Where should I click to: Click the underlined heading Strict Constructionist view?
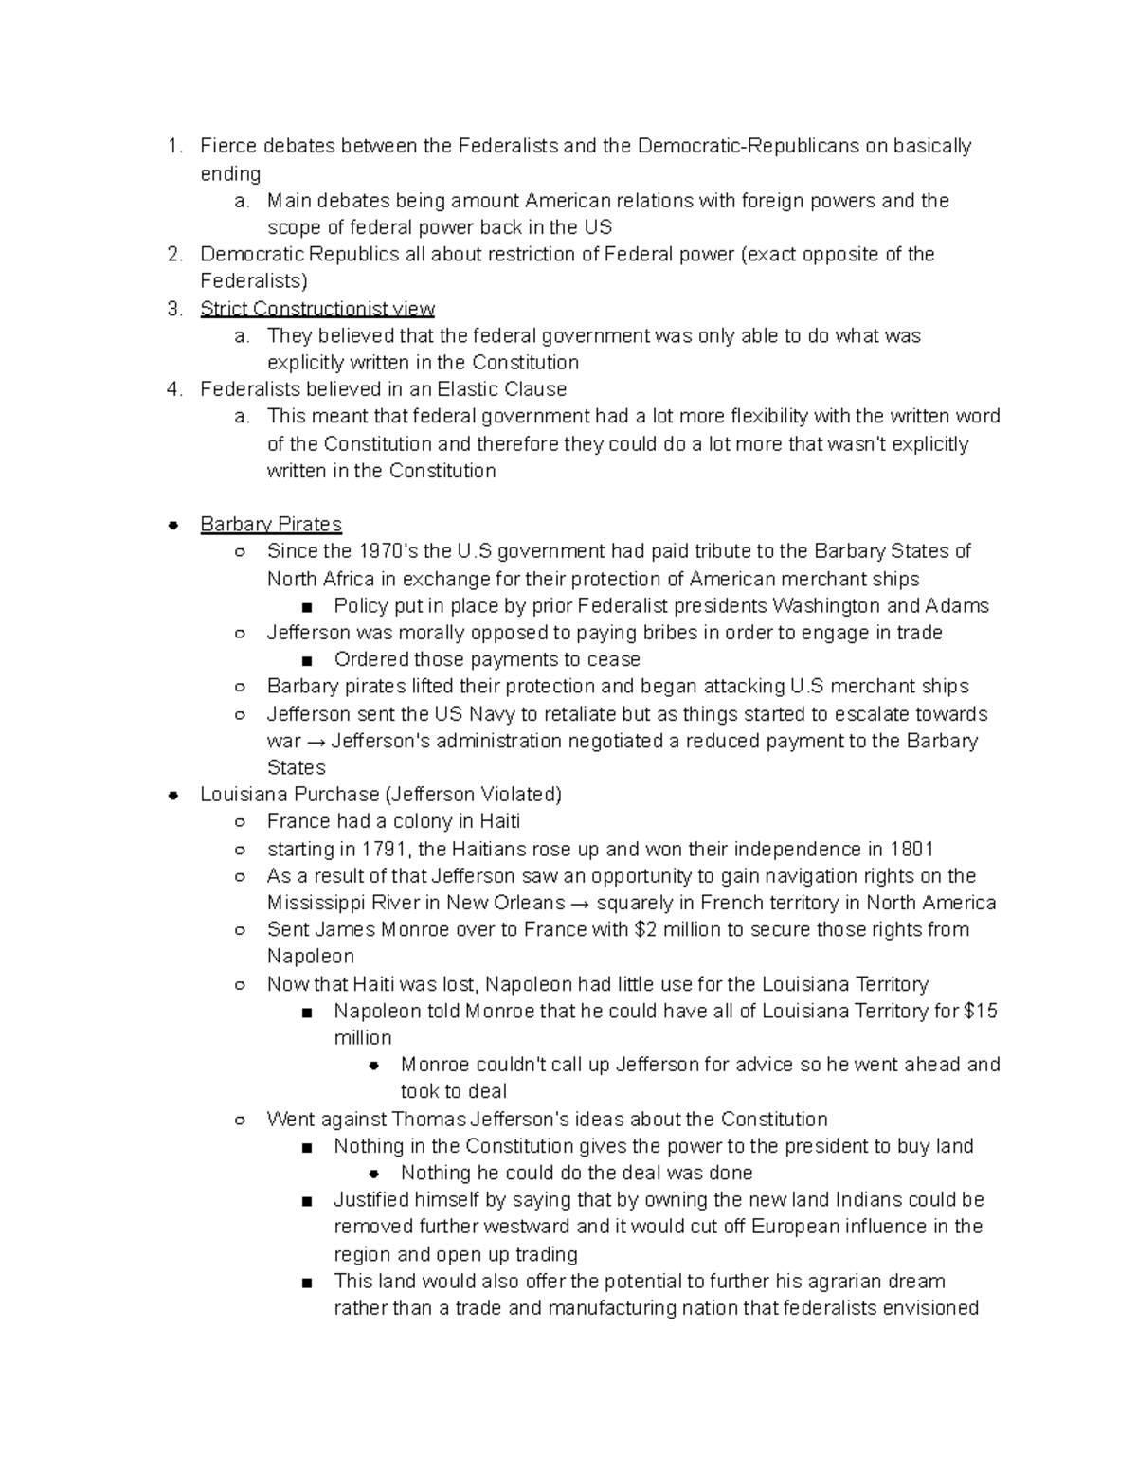pyautogui.click(x=317, y=309)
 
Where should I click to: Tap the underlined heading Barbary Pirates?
pyautogui.click(x=271, y=524)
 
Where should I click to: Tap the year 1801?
pyautogui.click(x=913, y=849)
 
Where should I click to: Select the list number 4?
pyautogui.click(x=173, y=389)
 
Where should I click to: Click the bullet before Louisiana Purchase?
pyautogui.click(x=173, y=795)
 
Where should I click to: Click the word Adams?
pyautogui.click(x=957, y=606)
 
